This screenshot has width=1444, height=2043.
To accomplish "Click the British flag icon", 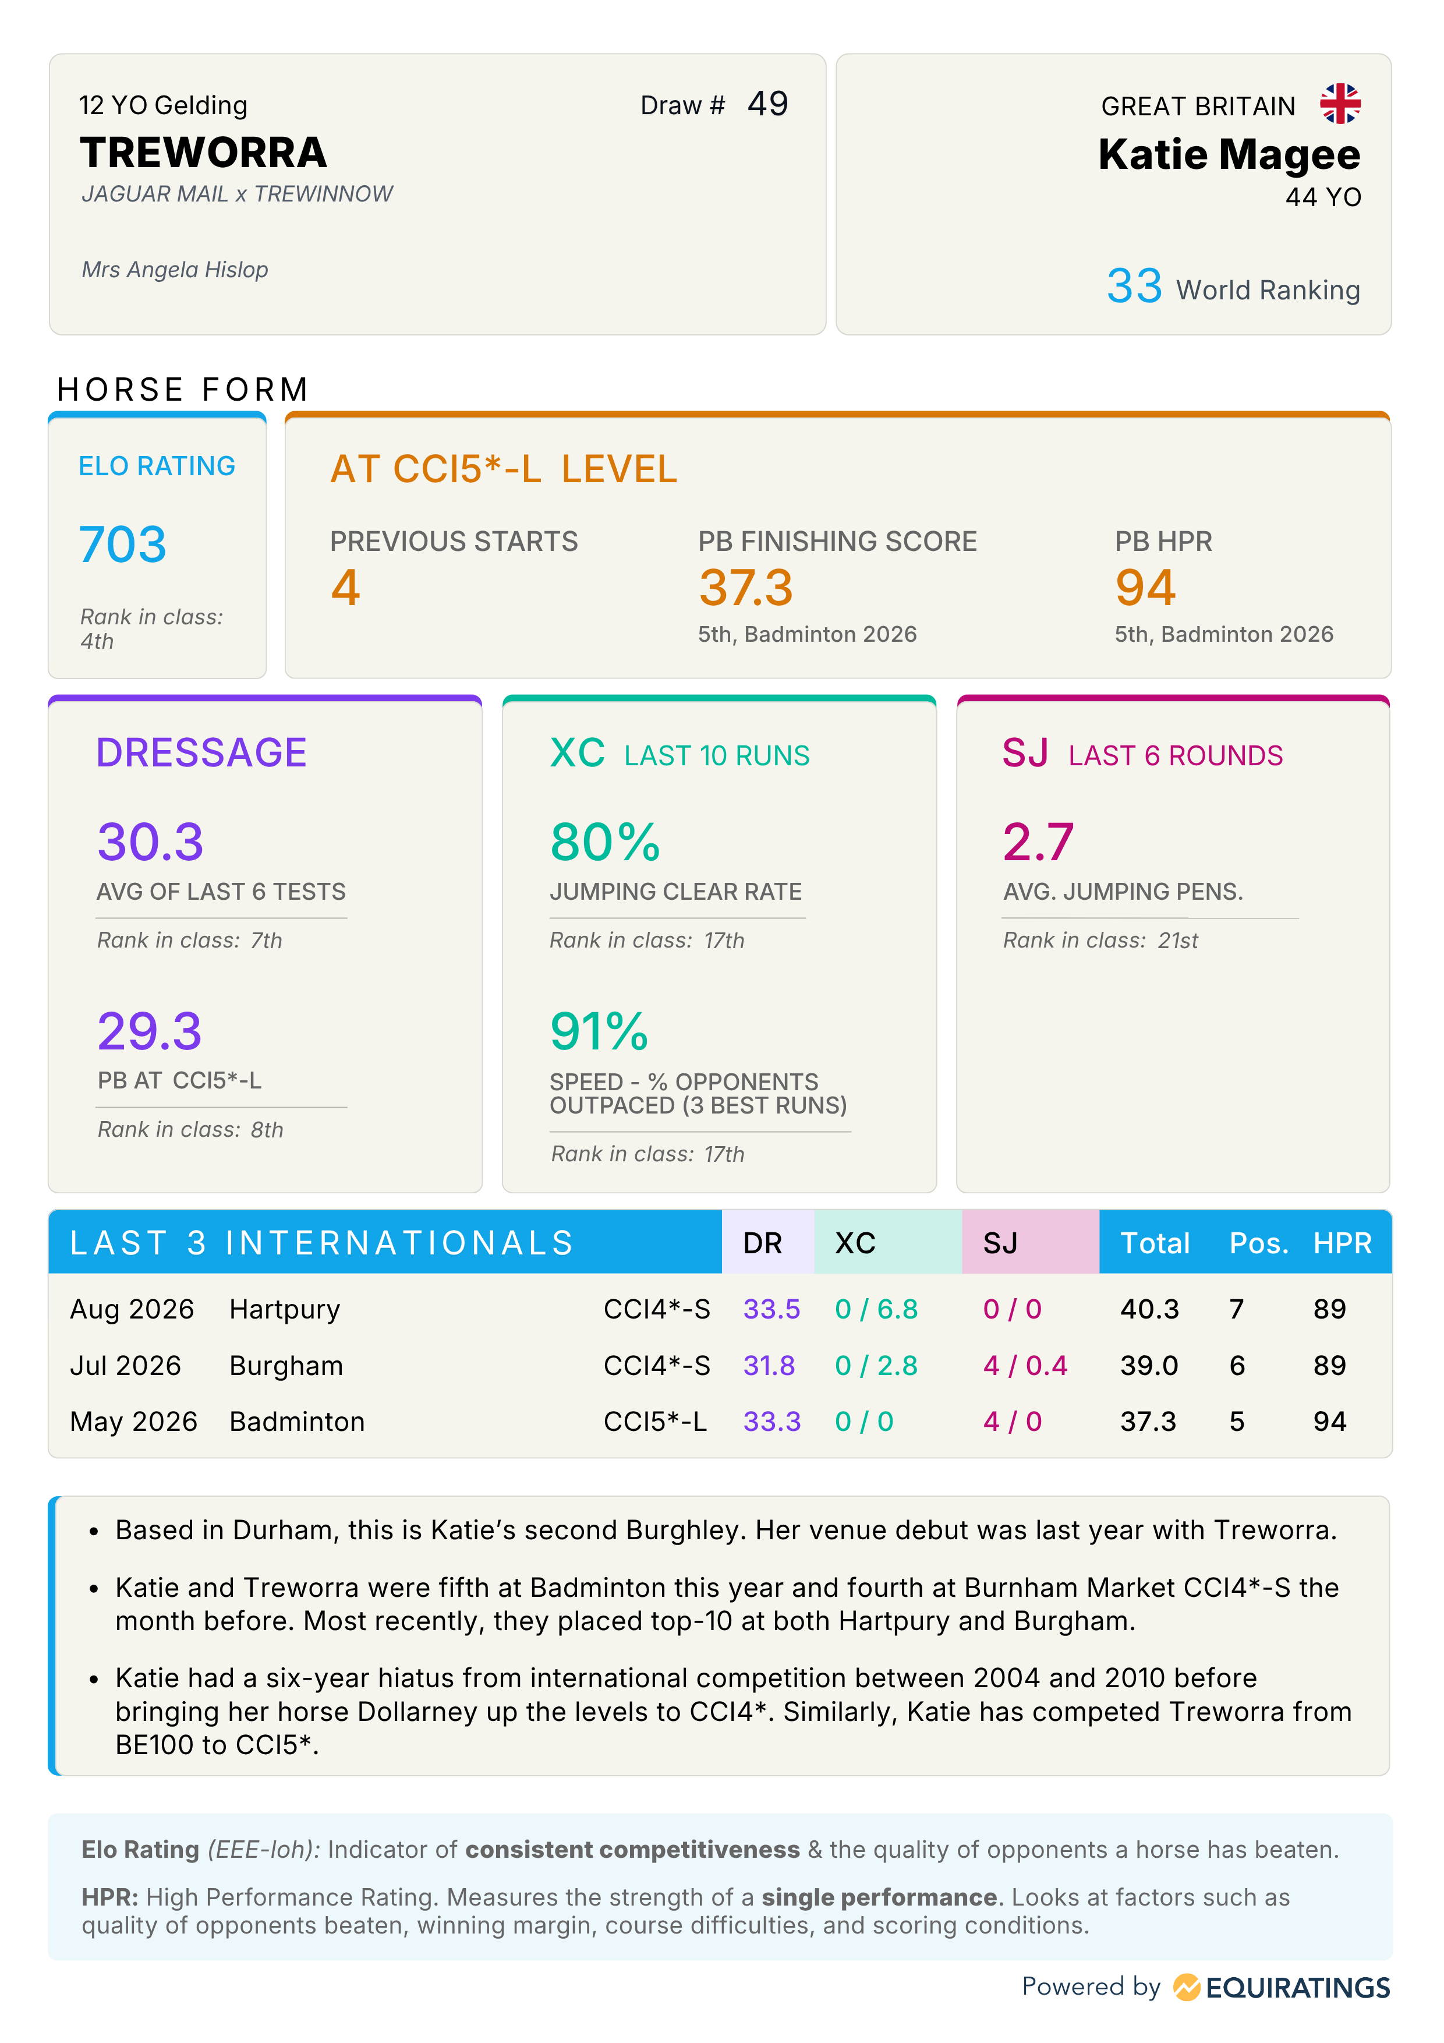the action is coord(1340,104).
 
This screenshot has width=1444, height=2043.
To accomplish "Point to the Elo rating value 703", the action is coord(123,544).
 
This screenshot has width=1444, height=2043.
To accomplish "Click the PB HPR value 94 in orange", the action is coord(1145,587).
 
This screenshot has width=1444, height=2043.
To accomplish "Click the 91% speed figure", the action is coord(599,1031).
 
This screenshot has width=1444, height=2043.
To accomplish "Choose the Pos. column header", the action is coord(1259,1243).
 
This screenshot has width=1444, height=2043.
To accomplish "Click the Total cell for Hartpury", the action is coord(1149,1309).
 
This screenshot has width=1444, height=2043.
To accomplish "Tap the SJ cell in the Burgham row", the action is coord(1025,1365).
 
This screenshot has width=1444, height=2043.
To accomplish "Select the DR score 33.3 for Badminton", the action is coord(771,1421).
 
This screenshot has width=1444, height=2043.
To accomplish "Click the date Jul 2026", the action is coord(125,1365).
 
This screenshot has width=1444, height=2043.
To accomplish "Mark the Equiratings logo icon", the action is coord(1187,1987).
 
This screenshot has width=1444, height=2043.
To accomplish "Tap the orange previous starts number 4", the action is coord(345,587).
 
